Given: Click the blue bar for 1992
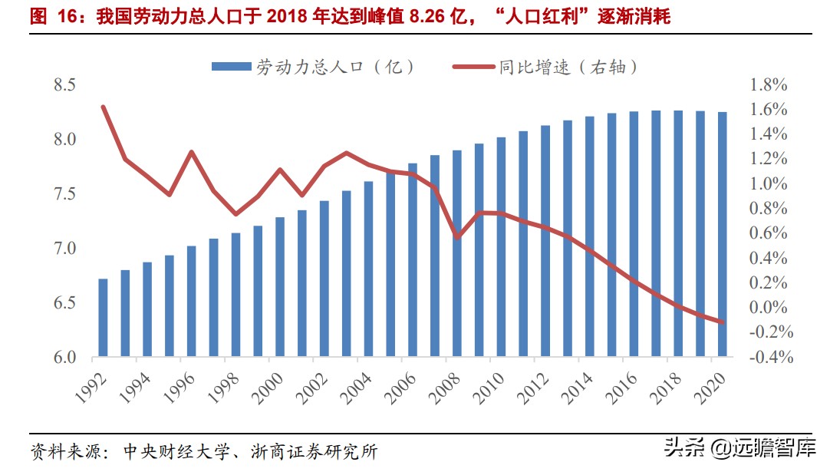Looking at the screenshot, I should point(103,319).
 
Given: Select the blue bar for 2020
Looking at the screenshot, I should point(723,235).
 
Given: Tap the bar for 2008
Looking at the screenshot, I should point(457,254).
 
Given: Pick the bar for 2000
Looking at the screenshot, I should point(280,288).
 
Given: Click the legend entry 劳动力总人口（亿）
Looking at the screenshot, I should point(315,68).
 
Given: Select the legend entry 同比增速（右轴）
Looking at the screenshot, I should point(546,68).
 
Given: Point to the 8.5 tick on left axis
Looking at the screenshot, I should point(64,85).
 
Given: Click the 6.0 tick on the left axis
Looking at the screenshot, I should point(64,358).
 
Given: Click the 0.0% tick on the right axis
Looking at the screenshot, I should point(768,308).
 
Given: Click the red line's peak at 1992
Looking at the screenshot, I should point(103,107).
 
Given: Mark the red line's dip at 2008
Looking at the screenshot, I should point(457,238).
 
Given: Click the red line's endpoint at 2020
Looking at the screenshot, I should point(723,322).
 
